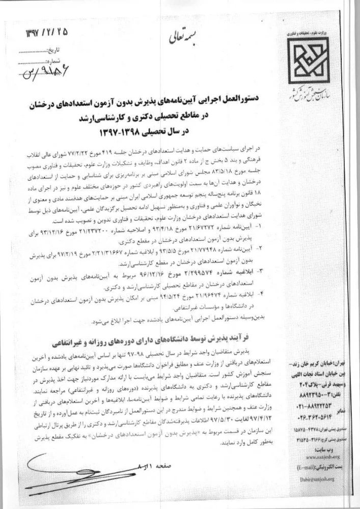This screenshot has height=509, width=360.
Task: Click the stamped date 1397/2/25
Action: coord(44,34)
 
